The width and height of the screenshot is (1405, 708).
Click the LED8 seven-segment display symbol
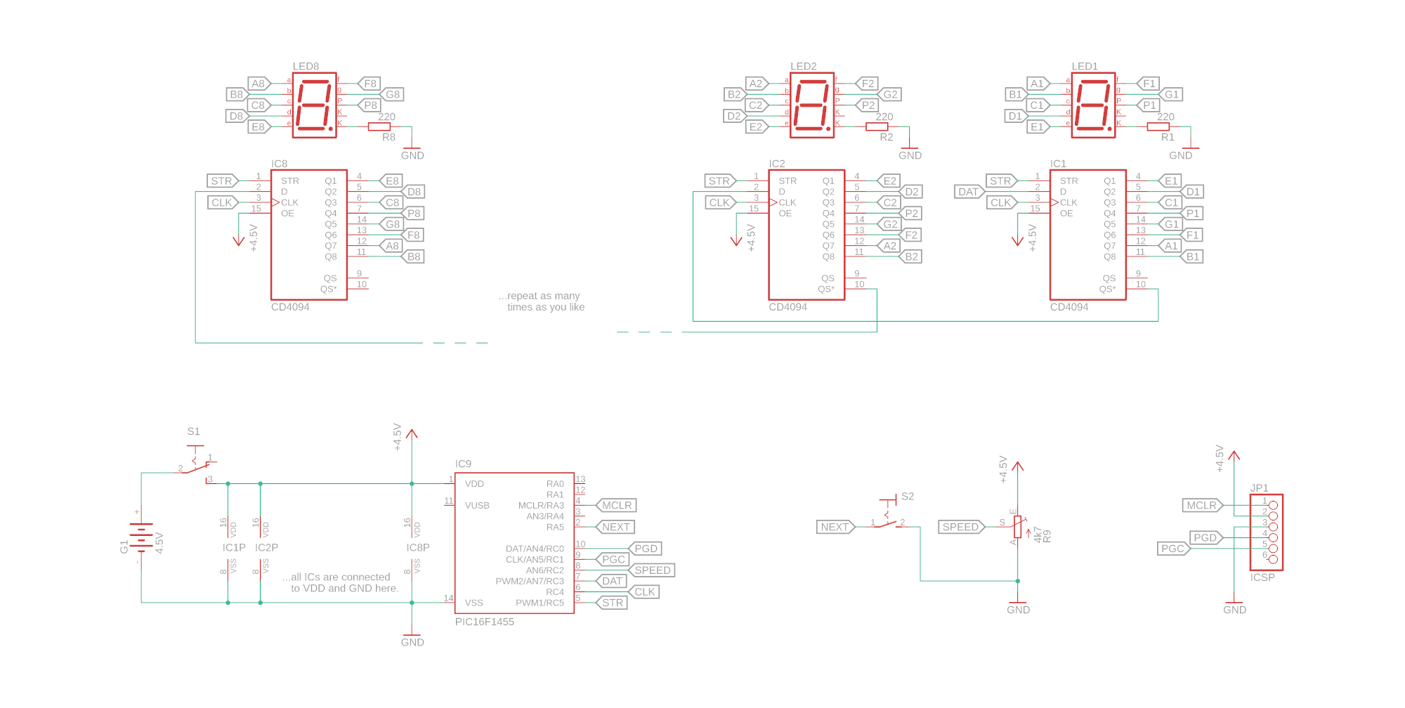314,105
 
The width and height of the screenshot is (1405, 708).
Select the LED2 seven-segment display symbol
812,105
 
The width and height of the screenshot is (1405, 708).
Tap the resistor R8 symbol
379,127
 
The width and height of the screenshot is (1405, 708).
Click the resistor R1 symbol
1158,127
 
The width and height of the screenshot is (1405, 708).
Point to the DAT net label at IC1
969,192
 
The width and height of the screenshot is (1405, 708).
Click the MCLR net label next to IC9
616,506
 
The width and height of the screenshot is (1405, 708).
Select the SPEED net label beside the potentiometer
960,527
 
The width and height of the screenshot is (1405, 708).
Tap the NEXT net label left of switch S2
835,527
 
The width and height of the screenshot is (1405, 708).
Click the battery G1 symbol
141,538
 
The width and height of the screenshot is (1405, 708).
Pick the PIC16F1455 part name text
484,622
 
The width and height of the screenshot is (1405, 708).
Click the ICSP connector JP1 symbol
1266,532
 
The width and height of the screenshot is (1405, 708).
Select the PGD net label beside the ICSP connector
1205,538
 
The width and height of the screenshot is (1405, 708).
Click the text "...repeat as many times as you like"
542,301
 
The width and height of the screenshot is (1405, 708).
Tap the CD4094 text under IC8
290,307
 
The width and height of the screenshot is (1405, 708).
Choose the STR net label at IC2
719,181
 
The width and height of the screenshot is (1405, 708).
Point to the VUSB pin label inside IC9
477,506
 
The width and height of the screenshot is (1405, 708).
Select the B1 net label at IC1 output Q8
1193,257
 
